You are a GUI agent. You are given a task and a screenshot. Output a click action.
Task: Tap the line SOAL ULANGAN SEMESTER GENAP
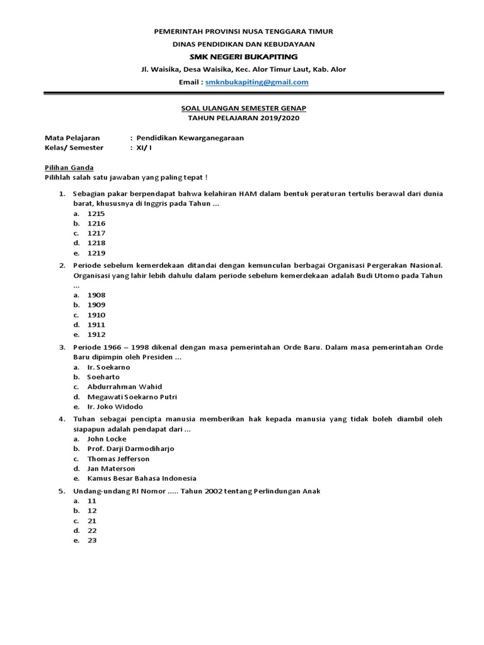[x=243, y=108]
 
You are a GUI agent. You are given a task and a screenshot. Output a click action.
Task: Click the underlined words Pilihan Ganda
[x=69, y=168]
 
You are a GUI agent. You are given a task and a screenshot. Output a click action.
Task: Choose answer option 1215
[x=96, y=214]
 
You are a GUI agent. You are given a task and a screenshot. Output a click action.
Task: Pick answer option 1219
[x=96, y=253]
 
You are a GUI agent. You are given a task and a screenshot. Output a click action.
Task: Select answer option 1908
[x=96, y=295]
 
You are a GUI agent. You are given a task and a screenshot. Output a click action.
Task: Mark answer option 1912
[x=96, y=334]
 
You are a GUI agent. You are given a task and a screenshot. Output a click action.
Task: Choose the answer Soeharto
[x=103, y=377]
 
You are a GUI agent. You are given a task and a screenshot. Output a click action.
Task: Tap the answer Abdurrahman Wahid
[x=124, y=387]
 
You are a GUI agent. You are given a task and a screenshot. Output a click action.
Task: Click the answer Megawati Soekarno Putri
[x=132, y=397]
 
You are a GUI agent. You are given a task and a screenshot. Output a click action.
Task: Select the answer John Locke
[x=107, y=438]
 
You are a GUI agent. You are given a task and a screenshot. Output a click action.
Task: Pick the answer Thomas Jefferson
[x=118, y=459]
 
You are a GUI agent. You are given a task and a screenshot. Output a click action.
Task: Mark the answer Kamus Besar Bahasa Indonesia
[x=142, y=479]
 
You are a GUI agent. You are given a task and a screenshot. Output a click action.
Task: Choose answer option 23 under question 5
[x=91, y=540]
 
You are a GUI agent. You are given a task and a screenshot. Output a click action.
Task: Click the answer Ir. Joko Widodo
[x=115, y=407]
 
